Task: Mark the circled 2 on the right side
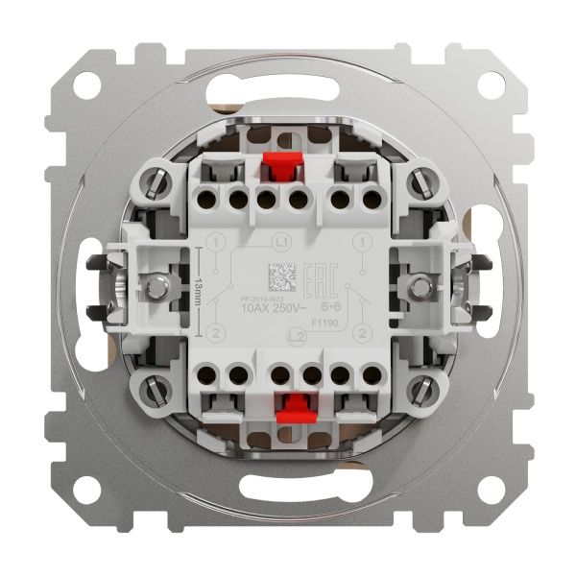[x=361, y=332]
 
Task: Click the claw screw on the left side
[x=155, y=285]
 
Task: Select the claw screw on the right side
[x=420, y=285]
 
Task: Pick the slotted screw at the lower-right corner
[x=421, y=389]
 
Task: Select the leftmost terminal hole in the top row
[x=206, y=204]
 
